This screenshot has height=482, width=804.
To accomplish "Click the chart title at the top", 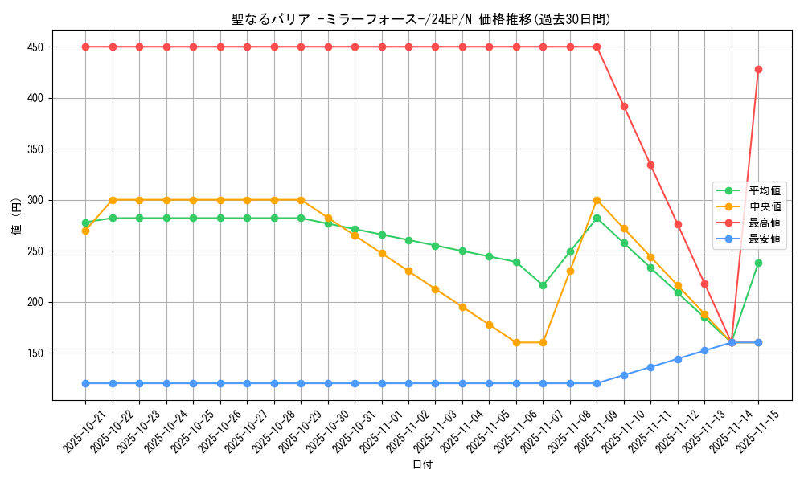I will tap(420, 19).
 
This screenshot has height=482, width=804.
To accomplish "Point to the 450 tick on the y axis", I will tap(35, 47).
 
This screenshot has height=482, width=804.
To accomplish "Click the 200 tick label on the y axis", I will tap(35, 302).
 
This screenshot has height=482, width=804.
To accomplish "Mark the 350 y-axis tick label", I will tap(35, 149).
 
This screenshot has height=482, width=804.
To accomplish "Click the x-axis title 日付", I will tap(422, 465).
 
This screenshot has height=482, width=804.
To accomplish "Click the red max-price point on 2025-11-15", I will tap(758, 69).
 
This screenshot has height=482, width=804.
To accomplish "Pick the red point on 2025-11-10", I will tap(624, 106).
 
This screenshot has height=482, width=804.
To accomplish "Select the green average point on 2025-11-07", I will tap(543, 285).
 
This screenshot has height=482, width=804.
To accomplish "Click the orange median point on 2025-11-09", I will tap(597, 200).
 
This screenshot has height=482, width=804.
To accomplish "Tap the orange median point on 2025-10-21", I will tap(85, 231).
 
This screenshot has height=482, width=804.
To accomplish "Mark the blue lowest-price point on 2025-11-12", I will tap(678, 359).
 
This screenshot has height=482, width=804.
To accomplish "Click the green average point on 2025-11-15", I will tap(758, 263).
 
